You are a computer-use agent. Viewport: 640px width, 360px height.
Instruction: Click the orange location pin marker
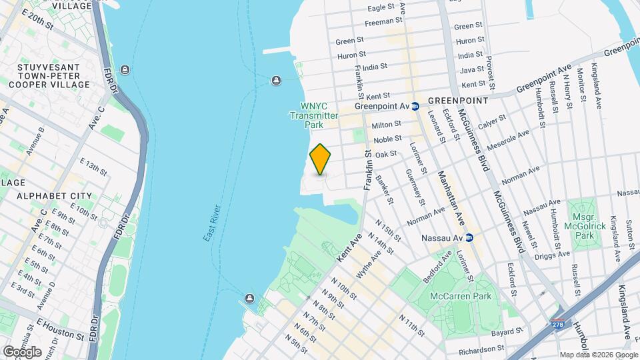click(x=320, y=159)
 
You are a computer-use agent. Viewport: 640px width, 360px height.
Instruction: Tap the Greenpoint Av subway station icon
click(x=415, y=105)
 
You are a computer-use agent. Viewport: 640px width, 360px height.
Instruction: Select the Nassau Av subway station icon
click(x=469, y=237)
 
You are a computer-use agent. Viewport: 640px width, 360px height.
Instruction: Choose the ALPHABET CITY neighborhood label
click(x=54, y=196)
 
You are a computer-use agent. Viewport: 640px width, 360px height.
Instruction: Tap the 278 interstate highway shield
click(x=557, y=325)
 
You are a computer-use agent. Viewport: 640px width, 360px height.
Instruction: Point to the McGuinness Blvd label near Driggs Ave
click(x=508, y=220)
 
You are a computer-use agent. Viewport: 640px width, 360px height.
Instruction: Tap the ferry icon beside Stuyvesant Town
click(x=125, y=70)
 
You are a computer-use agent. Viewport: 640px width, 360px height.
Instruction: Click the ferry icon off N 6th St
click(x=250, y=297)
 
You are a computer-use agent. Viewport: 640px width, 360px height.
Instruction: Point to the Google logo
click(x=22, y=351)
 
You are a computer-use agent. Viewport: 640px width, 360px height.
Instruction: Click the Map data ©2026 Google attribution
click(x=598, y=354)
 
